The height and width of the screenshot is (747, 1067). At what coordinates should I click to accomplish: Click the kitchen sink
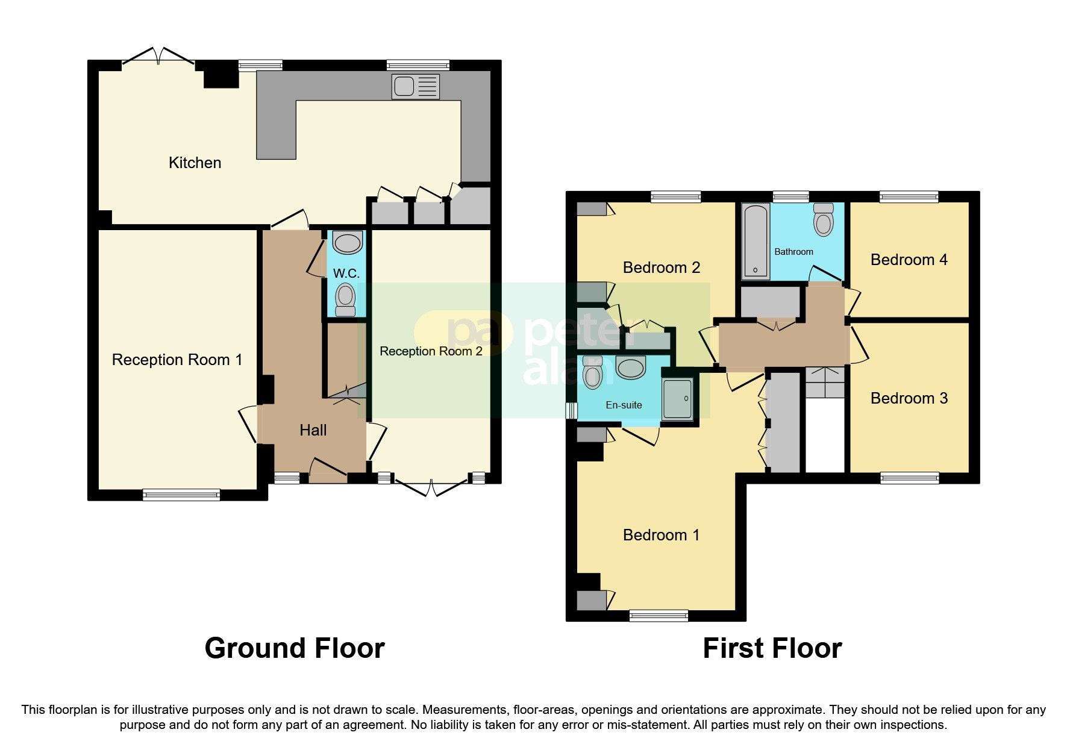(x=415, y=86)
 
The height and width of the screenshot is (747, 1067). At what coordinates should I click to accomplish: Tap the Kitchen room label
(x=195, y=163)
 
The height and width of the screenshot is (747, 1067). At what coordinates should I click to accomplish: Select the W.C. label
(x=346, y=273)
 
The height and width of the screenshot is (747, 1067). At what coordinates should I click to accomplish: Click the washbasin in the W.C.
(x=348, y=243)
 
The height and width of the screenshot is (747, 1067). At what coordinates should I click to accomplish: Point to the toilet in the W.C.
(x=345, y=299)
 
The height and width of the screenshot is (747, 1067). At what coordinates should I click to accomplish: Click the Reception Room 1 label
(x=177, y=360)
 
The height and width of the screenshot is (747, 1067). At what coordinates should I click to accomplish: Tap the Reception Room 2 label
(x=431, y=351)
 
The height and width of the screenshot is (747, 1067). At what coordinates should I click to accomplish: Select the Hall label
(x=313, y=430)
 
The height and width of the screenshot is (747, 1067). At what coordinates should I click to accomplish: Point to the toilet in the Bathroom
(x=823, y=220)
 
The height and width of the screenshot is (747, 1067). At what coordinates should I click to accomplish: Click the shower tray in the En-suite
(x=678, y=399)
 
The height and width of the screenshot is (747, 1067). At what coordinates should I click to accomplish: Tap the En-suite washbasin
(x=631, y=367)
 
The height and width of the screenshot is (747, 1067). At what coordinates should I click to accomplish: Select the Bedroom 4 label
(x=909, y=260)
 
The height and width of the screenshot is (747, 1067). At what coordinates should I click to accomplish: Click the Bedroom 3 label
(x=909, y=398)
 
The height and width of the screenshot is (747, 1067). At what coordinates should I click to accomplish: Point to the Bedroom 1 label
(x=661, y=535)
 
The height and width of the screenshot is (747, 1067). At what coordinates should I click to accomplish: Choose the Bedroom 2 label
(x=661, y=267)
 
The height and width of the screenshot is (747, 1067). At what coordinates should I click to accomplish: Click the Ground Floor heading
(x=295, y=648)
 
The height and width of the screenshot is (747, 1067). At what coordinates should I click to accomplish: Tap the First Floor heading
(x=772, y=648)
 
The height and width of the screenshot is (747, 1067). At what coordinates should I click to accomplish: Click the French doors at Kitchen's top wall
(x=158, y=58)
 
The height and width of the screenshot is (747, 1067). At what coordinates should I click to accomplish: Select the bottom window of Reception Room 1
(x=181, y=495)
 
